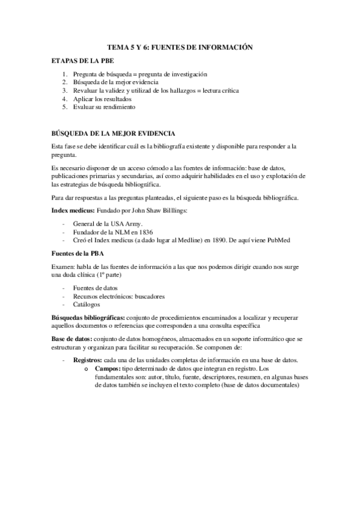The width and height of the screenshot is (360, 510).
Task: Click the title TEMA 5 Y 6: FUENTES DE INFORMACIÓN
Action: coord(180,46)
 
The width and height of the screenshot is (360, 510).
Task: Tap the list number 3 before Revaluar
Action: coord(65,90)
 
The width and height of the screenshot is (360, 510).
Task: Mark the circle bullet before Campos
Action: coord(87,369)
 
